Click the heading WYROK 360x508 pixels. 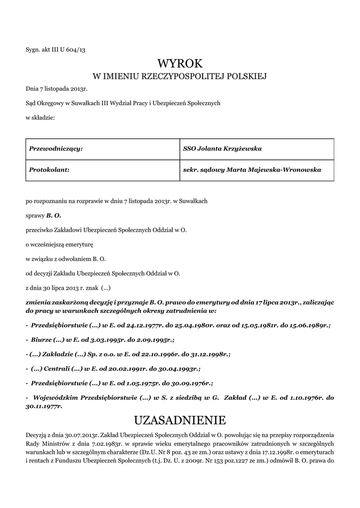tap(180, 63)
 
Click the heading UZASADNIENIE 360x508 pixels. tap(180, 421)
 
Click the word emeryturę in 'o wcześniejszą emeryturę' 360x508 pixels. tap(84, 245)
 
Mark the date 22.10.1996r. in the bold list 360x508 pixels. tap(159, 355)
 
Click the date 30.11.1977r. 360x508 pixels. tap(44, 406)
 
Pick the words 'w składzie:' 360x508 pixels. tap(40, 118)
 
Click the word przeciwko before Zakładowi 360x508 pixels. tap(41, 230)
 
